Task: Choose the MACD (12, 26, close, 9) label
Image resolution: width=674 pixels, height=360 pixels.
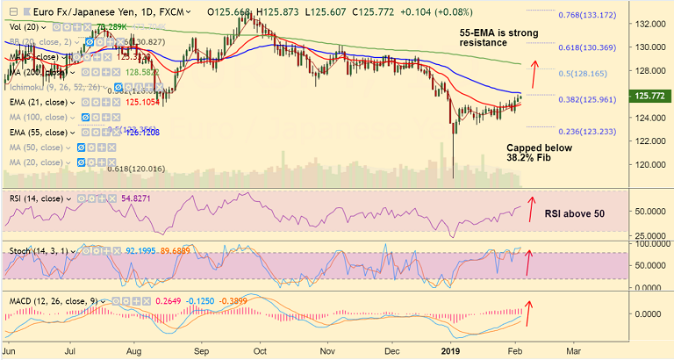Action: pos(48,301)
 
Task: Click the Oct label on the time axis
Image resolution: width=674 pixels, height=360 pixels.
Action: pos(260,350)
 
